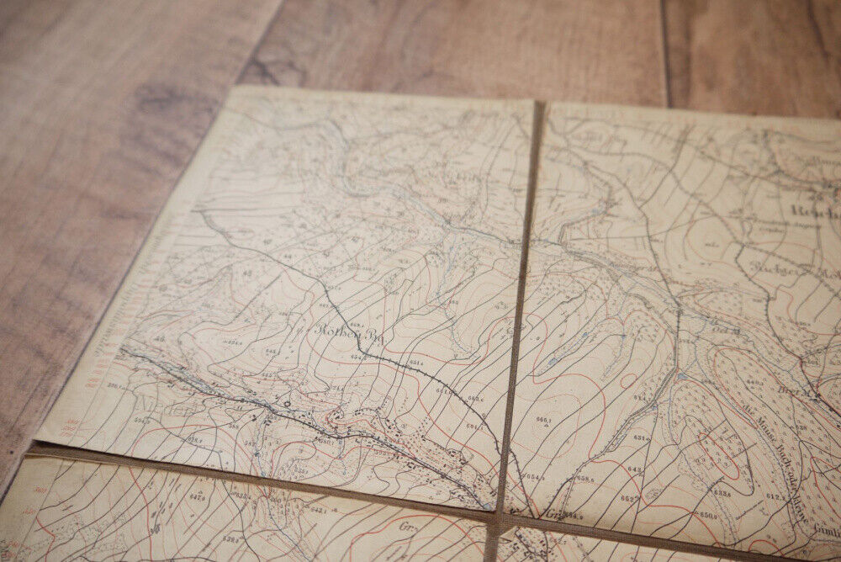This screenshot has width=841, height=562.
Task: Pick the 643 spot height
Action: pos(635,469)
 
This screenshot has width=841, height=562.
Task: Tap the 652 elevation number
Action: pos(629,498)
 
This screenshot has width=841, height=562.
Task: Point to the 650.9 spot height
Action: pos(708,514)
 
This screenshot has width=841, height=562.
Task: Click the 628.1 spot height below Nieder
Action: pos(194,440)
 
